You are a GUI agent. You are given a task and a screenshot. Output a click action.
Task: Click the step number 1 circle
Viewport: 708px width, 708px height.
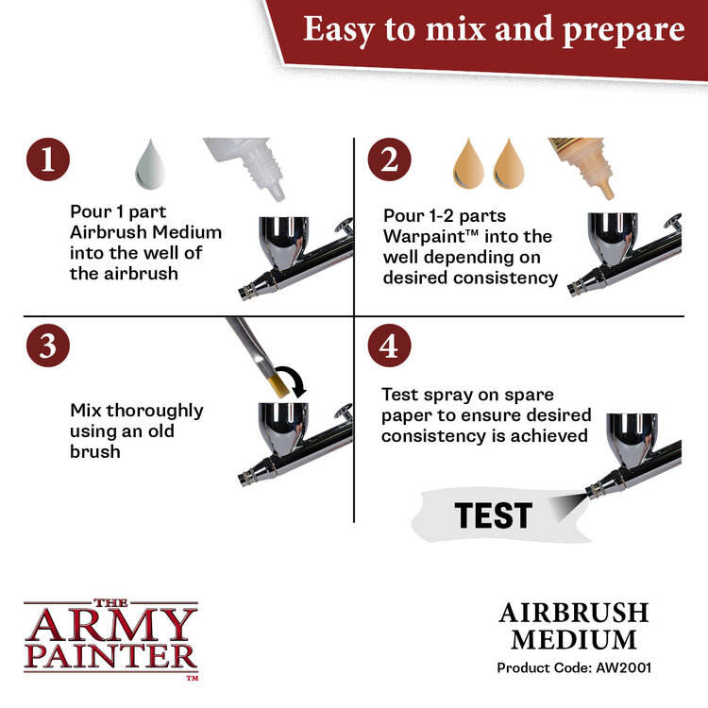click(48, 160)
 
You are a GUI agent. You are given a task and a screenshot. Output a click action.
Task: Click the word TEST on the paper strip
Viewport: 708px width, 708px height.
click(492, 515)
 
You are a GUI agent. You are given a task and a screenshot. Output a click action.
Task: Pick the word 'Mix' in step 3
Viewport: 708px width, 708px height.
click(88, 411)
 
